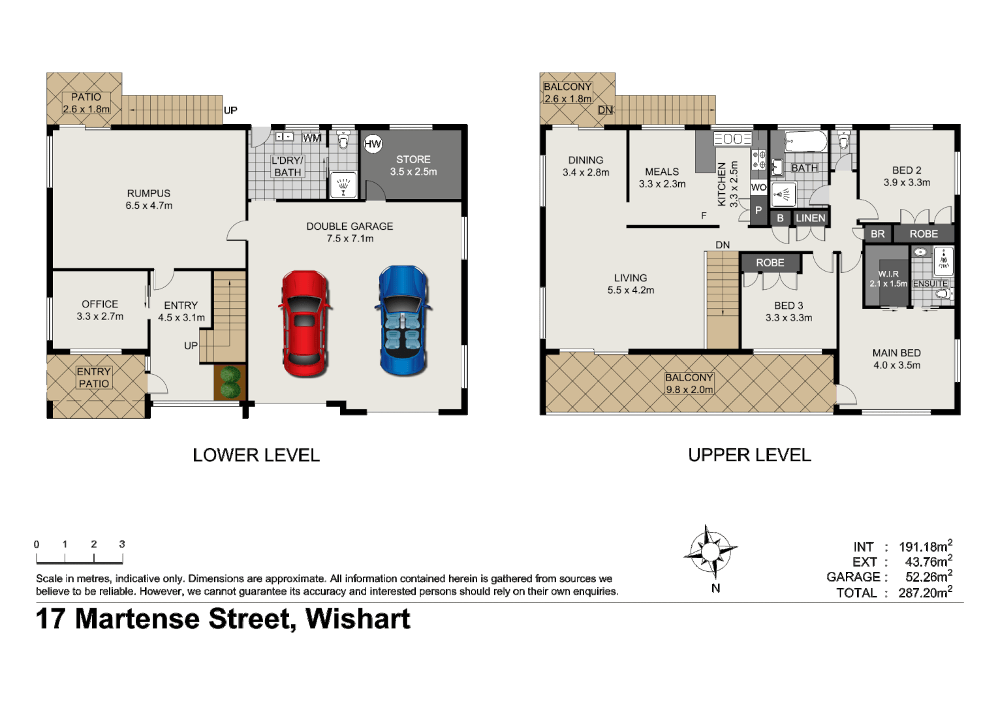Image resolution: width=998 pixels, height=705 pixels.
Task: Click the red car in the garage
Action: click(304, 324)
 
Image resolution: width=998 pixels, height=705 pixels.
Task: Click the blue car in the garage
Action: click(403, 320)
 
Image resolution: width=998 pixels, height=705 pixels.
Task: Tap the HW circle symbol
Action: click(373, 144)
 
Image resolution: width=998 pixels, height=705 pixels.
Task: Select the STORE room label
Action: click(413, 159)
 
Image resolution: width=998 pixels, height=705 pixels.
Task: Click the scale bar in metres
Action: click(79, 558)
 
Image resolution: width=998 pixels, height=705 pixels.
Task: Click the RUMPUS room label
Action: click(149, 193)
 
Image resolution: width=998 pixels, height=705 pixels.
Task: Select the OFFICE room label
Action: click(100, 304)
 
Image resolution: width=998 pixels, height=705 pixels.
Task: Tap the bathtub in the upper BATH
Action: click(805, 141)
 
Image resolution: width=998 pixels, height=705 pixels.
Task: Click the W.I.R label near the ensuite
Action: click(888, 274)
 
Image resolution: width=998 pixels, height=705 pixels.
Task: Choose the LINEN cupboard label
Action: click(810, 218)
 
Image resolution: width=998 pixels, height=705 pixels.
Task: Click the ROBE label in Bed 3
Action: click(770, 262)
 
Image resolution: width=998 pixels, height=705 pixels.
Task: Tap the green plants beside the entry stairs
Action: click(230, 383)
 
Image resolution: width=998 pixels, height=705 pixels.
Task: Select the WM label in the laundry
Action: click(312, 138)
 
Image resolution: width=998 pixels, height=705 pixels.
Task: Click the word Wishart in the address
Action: click(358, 619)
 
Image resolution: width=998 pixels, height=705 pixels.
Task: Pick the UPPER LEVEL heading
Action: click(749, 455)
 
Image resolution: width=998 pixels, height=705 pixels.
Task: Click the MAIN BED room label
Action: click(896, 352)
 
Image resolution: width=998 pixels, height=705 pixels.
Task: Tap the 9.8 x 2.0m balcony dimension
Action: click(689, 390)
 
